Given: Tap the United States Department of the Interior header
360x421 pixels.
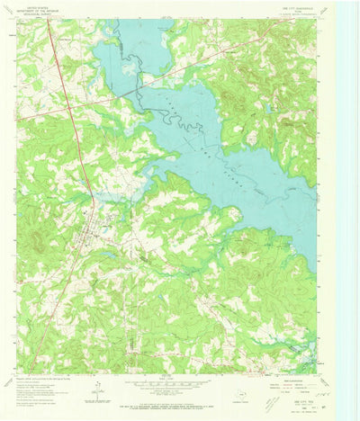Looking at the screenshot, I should (40, 10).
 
